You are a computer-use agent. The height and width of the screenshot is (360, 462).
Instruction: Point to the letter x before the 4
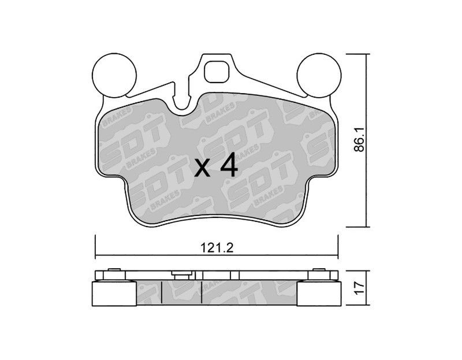click(203, 169)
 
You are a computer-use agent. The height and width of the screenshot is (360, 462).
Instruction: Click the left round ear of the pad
click(114, 75)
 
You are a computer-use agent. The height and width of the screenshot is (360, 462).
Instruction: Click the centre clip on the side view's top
click(182, 275)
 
